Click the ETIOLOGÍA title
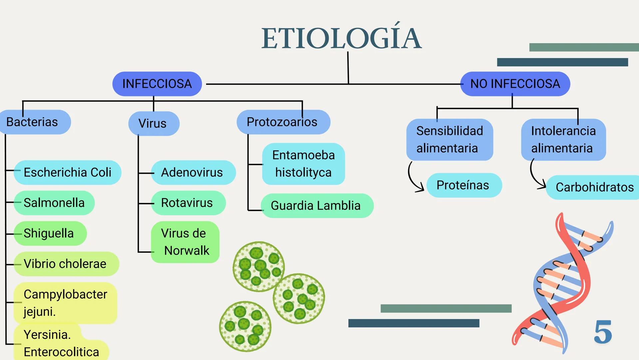[341, 38]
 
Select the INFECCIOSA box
[157, 84]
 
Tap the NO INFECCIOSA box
[515, 84]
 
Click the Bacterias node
[33, 122]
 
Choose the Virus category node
[154, 123]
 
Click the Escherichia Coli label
[67, 172]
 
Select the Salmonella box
[54, 203]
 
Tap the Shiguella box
[49, 233]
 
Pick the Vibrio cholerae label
[66, 264]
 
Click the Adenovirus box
[192, 172]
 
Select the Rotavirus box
[187, 203]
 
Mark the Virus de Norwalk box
[185, 242]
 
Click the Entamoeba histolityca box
[303, 164]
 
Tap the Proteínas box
[463, 185]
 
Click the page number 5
[603, 332]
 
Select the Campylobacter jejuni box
[65, 303]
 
